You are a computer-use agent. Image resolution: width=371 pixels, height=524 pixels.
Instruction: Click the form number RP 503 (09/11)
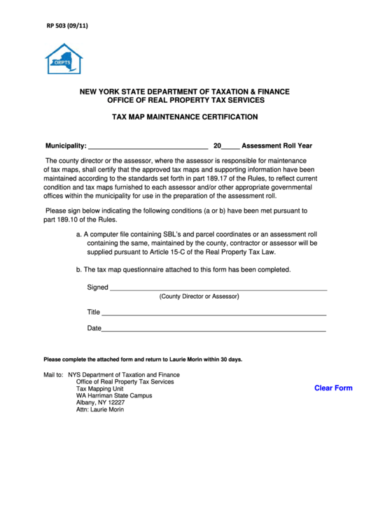coord(67,26)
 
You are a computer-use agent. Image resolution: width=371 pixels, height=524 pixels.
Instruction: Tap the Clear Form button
coord(333,388)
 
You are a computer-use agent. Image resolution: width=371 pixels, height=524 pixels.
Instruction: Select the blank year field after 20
coord(231,147)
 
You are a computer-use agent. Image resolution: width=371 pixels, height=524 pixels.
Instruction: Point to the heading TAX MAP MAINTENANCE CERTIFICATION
coord(185,117)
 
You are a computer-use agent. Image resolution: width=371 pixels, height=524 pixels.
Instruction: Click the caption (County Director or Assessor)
coord(199,297)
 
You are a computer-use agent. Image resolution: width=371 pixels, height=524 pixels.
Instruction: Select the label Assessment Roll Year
coord(276,146)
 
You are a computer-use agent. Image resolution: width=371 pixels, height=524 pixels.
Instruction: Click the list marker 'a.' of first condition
coord(79,234)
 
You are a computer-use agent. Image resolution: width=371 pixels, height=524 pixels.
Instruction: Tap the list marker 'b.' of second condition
coord(79,269)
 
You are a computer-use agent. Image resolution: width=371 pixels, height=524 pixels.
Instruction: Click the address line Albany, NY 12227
coord(100,403)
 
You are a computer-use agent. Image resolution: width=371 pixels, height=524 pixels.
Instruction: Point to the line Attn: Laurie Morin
coord(100,410)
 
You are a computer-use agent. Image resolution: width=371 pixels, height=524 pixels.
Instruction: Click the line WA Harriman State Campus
coord(114,396)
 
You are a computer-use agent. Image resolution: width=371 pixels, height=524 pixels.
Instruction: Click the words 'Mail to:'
coord(53,375)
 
